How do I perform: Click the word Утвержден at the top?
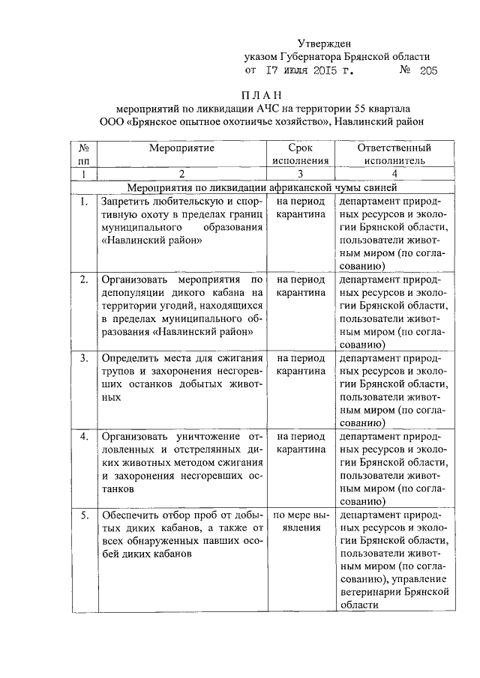[323, 43]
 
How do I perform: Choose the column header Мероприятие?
[181, 148]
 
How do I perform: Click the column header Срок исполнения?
[300, 154]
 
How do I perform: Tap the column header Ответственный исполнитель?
[394, 154]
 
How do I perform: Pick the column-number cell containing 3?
[300, 174]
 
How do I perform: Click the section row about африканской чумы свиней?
[267, 187]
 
